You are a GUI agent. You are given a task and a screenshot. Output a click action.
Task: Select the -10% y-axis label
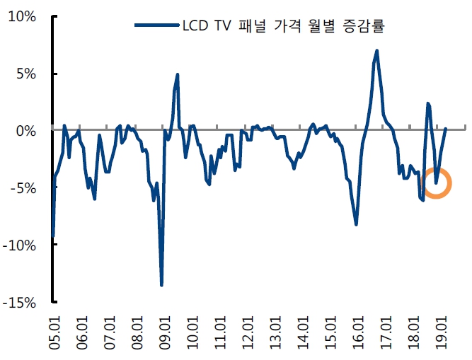(21, 245)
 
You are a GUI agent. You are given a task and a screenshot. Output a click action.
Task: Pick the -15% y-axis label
(21, 303)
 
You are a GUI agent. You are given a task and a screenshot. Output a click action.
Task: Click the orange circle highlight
(435, 182)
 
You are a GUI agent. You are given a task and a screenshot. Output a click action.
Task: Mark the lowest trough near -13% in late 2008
(161, 284)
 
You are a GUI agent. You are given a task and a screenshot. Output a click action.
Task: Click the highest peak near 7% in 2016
(377, 50)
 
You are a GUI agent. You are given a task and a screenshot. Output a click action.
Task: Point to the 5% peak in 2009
(178, 74)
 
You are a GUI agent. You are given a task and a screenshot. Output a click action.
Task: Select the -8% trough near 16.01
(356, 224)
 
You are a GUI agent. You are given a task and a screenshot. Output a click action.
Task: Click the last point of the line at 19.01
(446, 129)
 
